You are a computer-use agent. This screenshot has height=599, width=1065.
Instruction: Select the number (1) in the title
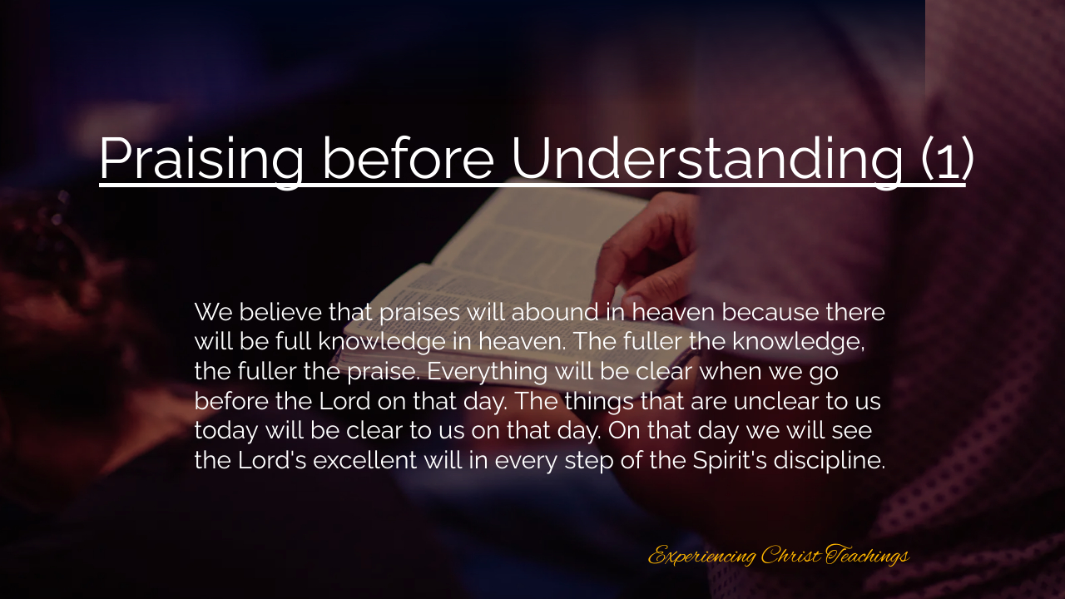947,159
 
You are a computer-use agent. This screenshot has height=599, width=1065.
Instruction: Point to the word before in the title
408,158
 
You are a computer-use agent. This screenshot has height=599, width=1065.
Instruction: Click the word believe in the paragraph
280,312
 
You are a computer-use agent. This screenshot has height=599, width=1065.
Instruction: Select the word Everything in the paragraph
487,372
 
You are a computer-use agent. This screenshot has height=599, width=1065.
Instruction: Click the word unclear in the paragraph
776,401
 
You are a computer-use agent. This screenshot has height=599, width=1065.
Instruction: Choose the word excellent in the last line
365,460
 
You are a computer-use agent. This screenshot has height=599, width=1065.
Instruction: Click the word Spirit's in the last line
730,461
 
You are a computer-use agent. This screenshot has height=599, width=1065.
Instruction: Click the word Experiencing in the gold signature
701,555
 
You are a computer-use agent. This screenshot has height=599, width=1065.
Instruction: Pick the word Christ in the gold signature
791,554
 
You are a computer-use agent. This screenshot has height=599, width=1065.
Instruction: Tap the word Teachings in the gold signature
868,555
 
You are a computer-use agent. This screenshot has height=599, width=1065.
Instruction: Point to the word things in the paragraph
599,402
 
